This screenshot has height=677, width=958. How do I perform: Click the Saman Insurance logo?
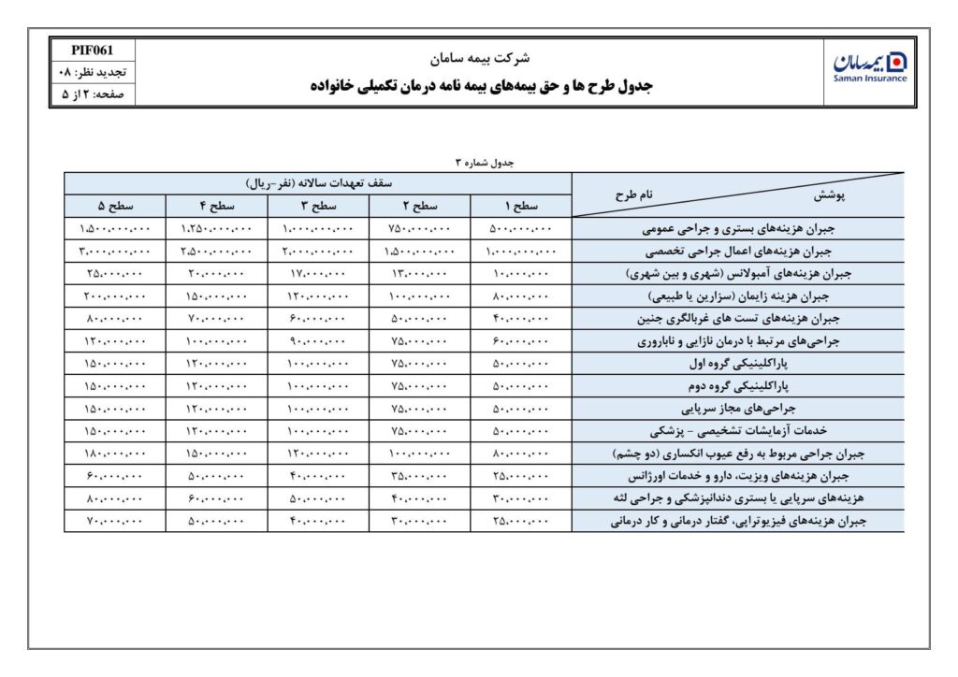(869, 66)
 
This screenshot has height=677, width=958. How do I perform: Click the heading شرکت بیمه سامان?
(480, 58)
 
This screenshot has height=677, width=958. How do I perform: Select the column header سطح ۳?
(318, 206)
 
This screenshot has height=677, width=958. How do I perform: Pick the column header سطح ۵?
(114, 206)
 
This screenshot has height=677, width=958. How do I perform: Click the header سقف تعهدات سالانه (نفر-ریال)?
(318, 183)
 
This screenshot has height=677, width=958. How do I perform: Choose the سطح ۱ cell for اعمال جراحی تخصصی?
(521, 252)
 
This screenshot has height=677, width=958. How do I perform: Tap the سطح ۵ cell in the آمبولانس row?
(114, 274)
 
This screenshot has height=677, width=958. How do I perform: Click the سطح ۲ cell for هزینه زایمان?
(419, 296)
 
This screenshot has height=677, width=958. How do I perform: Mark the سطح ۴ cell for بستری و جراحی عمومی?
(216, 229)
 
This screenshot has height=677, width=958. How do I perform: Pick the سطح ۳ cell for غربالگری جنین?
(318, 319)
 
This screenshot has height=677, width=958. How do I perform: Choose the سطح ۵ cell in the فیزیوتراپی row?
(114, 521)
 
